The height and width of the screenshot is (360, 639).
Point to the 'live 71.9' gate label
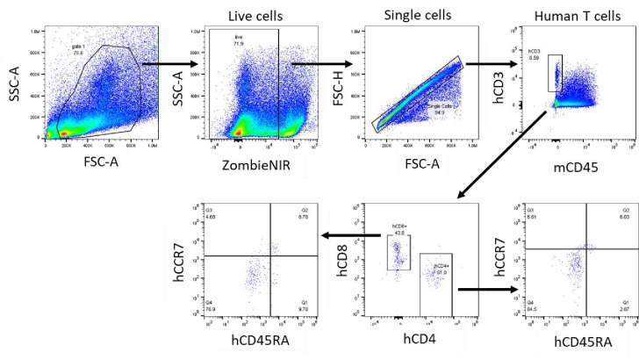(x=237, y=40)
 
